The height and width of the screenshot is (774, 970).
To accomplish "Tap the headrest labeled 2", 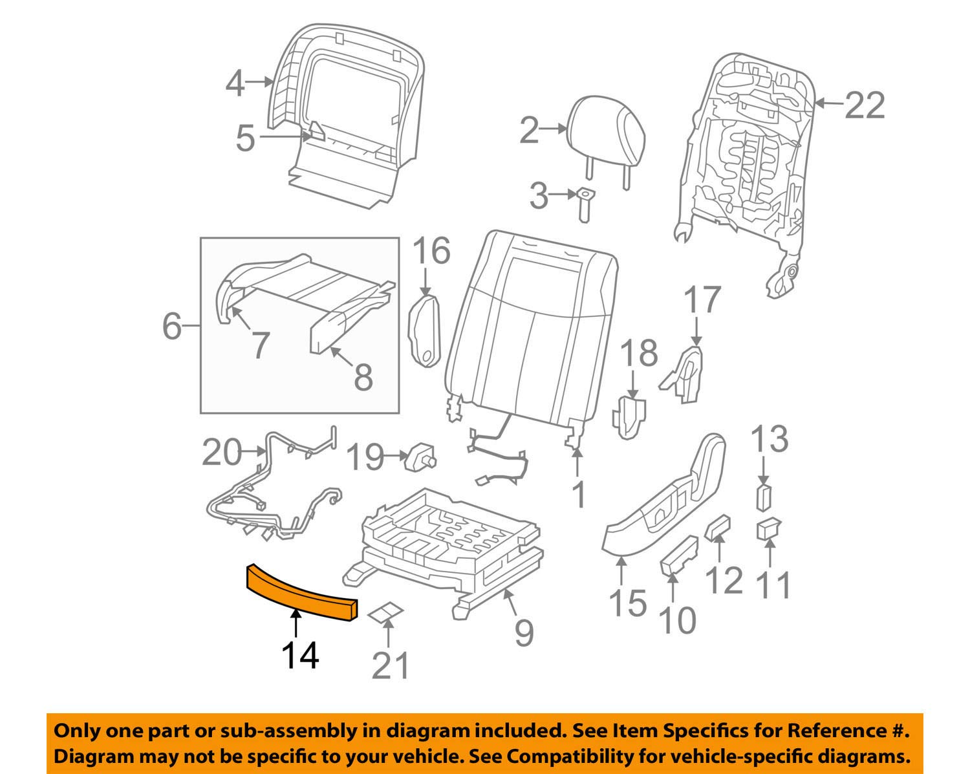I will pyautogui.click(x=607, y=129).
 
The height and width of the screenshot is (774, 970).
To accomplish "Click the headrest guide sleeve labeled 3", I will pyautogui.click(x=585, y=203).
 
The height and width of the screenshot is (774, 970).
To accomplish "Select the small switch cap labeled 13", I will pyautogui.click(x=763, y=498).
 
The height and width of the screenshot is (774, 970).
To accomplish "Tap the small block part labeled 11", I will pyautogui.click(x=768, y=528).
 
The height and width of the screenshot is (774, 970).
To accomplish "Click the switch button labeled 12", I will pyautogui.click(x=717, y=527).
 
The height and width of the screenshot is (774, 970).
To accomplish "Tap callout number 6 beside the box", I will pyautogui.click(x=172, y=327).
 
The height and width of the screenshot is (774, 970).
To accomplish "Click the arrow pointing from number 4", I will pyautogui.click(x=260, y=81).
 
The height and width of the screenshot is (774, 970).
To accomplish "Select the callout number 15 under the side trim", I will pyautogui.click(x=627, y=603).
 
